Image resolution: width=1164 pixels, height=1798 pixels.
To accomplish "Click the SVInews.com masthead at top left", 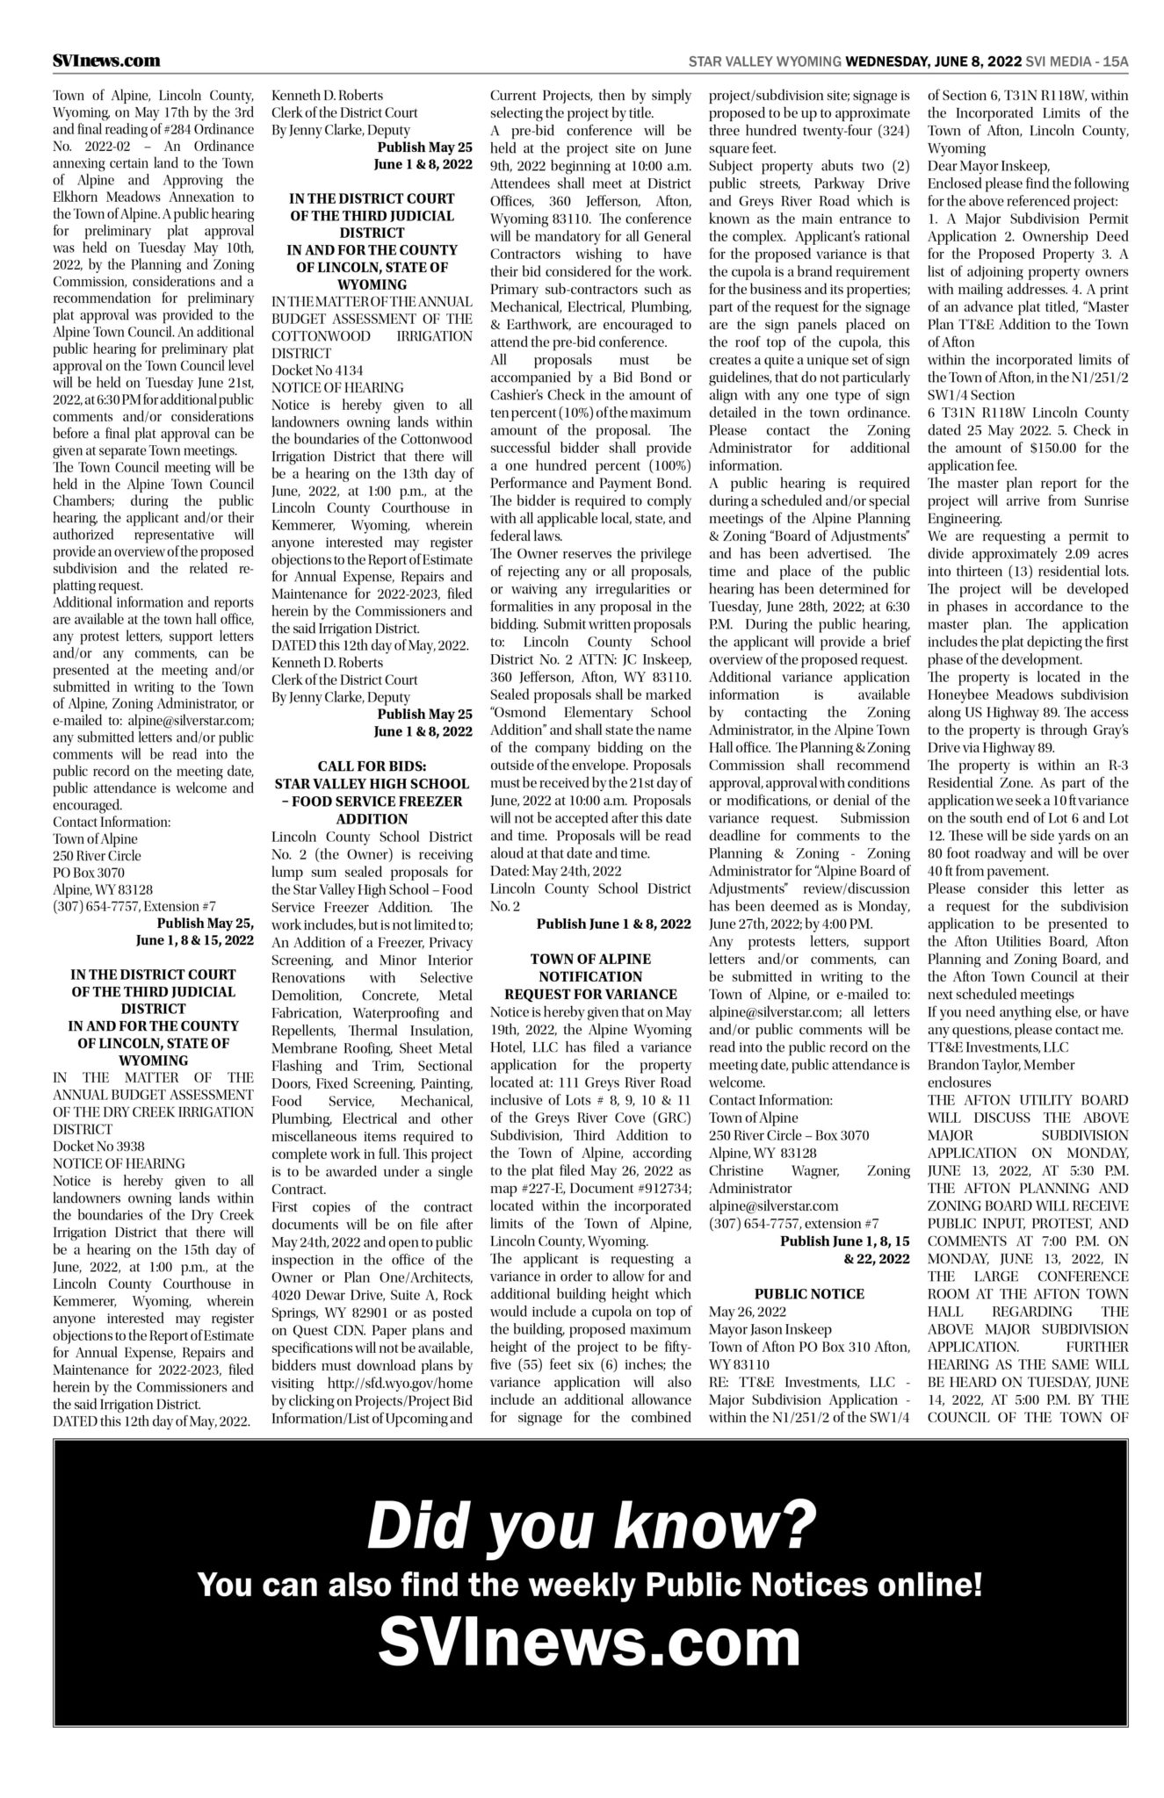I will tap(106, 61).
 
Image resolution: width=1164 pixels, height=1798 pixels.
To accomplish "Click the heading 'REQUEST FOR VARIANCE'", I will tap(590, 994).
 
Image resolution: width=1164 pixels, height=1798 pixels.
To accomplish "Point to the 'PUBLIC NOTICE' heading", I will tap(809, 1293).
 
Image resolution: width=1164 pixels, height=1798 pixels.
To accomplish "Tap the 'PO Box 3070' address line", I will tap(89, 873).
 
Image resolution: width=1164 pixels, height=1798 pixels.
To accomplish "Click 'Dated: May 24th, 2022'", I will tap(555, 870).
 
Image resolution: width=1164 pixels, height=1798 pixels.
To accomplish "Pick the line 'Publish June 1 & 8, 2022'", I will tap(613, 924).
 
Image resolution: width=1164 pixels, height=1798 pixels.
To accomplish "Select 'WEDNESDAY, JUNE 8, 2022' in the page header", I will tap(932, 61).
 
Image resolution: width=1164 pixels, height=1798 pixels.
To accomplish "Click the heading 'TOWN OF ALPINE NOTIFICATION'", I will tap(590, 967).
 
